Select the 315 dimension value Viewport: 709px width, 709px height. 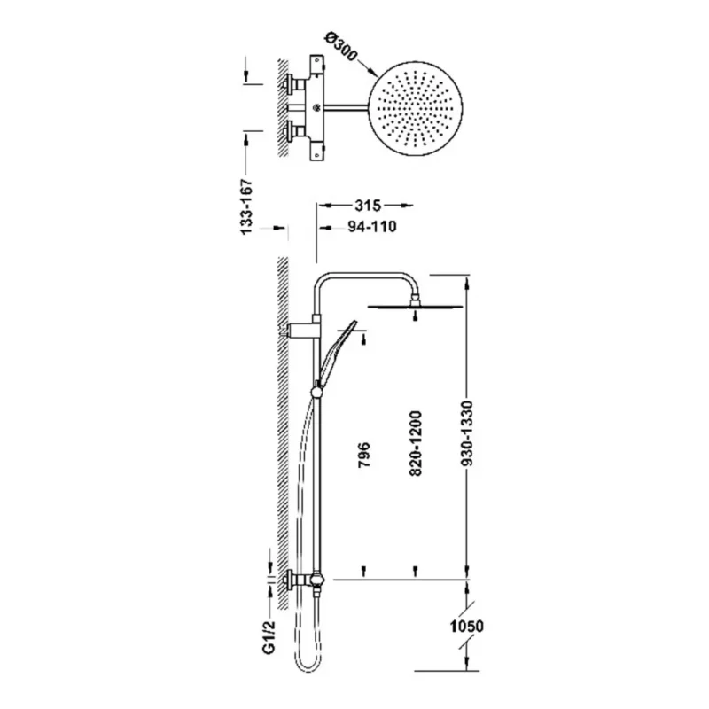tap(368, 206)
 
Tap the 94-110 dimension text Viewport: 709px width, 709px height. tap(371, 227)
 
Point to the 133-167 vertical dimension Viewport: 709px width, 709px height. tap(246, 206)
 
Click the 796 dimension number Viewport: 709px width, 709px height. tap(364, 455)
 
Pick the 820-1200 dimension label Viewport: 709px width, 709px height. tap(415, 443)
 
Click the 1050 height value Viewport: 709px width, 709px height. tap(467, 627)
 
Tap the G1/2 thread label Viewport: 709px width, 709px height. tap(269, 636)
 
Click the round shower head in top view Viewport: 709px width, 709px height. tap(416, 108)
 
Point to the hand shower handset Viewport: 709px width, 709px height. tap(337, 353)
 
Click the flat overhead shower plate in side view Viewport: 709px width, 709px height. tap(416, 307)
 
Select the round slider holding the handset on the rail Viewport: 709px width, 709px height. tap(317, 392)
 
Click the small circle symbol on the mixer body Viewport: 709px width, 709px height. tap(316, 107)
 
